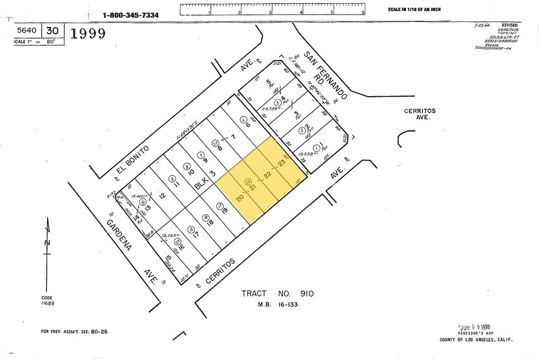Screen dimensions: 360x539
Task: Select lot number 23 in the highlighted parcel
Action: [281, 163]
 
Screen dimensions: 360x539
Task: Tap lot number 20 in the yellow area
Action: [240, 198]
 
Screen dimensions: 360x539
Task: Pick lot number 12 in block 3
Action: [162, 196]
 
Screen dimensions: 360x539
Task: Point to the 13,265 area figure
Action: [170, 235]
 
